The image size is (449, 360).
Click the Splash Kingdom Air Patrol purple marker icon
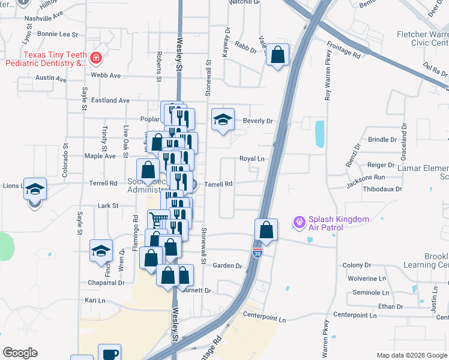coord(299,223)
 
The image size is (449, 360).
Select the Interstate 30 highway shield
coord(258,254)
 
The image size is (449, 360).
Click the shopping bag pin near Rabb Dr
coord(277,55)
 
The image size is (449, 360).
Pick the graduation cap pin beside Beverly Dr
coord(223,119)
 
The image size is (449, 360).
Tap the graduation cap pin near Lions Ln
coord(35,189)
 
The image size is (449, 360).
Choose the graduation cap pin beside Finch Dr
coord(101,251)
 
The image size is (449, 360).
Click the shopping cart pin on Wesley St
coord(158,220)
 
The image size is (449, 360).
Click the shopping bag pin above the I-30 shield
coord(266,230)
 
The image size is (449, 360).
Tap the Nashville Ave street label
coord(43,19)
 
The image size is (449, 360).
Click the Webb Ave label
coord(106,76)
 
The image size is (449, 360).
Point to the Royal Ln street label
coord(252,159)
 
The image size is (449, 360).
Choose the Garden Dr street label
coord(227,266)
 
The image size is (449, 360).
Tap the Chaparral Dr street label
coord(105,283)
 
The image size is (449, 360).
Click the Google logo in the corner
coord(20,353)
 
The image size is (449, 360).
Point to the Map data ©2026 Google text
coord(411,355)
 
